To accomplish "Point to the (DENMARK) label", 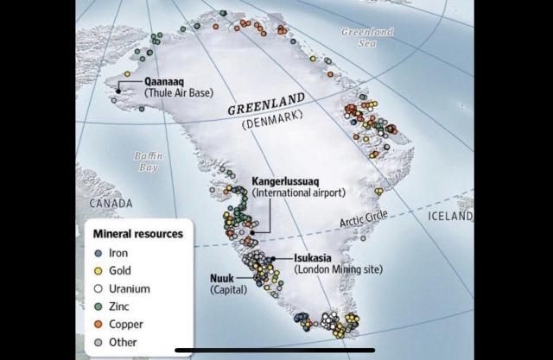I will [x=267, y=125].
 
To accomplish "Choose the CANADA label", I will [x=109, y=204].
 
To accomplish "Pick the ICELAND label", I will [x=450, y=217].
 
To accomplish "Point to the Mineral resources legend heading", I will [x=138, y=234].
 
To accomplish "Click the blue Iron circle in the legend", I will [x=99, y=254].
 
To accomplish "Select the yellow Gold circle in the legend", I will [x=99, y=271].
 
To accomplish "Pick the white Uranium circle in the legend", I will [x=99, y=288].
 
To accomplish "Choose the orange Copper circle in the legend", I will [x=99, y=324].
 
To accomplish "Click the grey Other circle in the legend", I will [x=99, y=342].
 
